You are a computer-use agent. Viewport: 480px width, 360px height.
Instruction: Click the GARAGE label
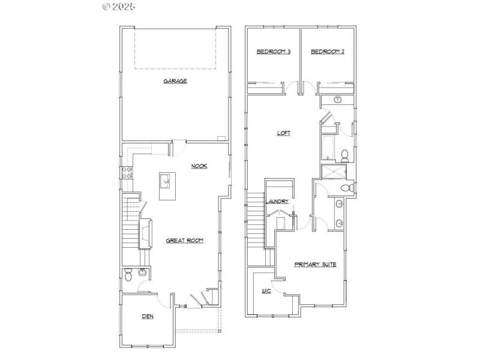coord(175,81)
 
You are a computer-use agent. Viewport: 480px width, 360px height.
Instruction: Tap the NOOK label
coord(199,166)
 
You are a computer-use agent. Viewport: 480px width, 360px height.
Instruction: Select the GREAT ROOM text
coord(184,241)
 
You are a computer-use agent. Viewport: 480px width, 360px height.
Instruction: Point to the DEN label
coord(148,316)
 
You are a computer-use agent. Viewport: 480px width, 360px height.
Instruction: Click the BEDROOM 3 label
coord(274,52)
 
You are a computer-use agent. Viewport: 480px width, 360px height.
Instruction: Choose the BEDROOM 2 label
coord(327,52)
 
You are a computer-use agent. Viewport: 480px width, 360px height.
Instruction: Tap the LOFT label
coord(283,133)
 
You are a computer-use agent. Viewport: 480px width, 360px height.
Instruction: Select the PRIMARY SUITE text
coord(315,264)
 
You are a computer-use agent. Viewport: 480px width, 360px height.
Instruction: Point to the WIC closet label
coord(266,292)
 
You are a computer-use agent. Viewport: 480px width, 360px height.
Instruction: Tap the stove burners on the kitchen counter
coord(127,173)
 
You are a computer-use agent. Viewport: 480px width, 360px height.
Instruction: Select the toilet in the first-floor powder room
coord(128,275)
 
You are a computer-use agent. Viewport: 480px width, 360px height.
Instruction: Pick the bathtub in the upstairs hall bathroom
coord(327,146)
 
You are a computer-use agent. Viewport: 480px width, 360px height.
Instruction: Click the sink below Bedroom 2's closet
coord(337,100)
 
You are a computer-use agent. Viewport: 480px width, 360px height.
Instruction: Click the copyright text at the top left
coord(119,7)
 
